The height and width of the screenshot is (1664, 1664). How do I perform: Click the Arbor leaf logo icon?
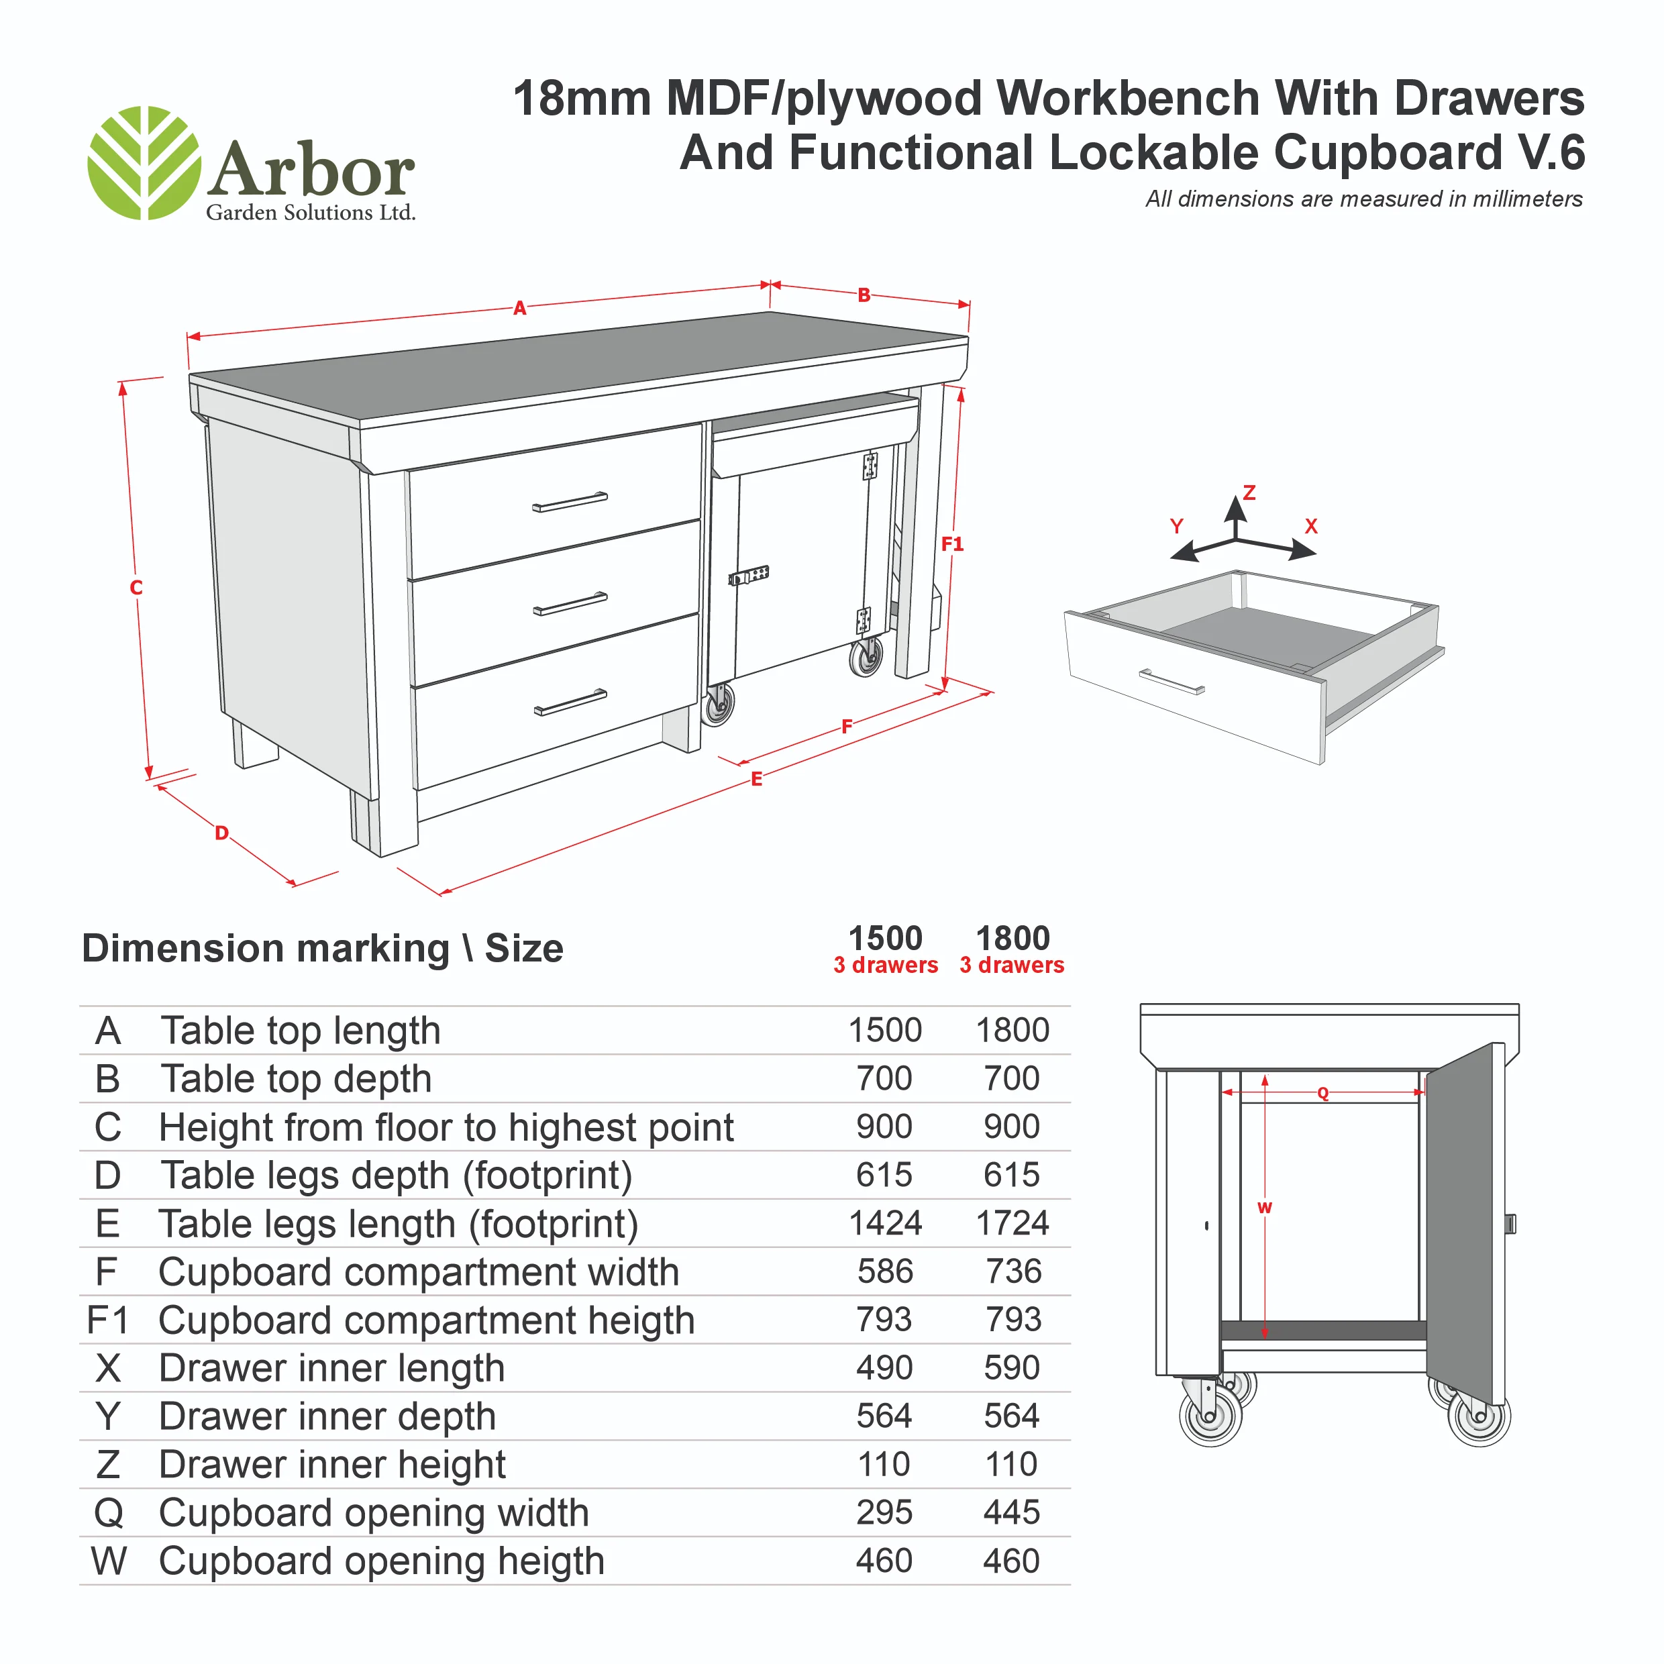(144, 163)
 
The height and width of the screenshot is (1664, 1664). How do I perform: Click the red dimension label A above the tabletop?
(519, 307)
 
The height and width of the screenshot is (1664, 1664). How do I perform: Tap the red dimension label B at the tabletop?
(864, 295)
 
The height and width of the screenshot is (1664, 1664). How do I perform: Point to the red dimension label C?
(136, 587)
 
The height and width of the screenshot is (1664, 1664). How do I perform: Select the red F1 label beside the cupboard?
(951, 543)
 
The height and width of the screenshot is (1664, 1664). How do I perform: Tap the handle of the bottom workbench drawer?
(570, 702)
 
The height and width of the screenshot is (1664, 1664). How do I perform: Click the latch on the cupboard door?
(748, 575)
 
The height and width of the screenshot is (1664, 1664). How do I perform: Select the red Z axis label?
(1249, 492)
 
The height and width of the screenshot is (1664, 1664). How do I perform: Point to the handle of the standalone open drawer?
(1172, 681)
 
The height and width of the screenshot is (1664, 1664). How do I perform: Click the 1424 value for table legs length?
(886, 1223)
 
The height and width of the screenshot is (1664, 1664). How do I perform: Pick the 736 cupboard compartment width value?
(1014, 1271)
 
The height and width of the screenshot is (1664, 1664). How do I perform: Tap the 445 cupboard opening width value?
(1012, 1512)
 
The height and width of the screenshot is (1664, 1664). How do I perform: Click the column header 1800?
(1013, 938)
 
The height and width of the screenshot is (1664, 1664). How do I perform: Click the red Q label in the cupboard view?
(1323, 1094)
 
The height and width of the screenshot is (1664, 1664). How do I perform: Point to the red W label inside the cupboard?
(1264, 1208)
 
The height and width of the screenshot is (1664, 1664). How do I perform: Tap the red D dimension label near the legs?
(221, 833)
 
